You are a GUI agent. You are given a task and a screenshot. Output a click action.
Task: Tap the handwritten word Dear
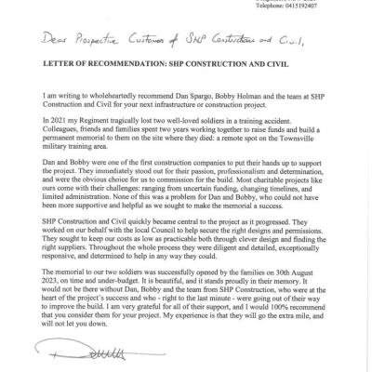pos(48,42)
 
